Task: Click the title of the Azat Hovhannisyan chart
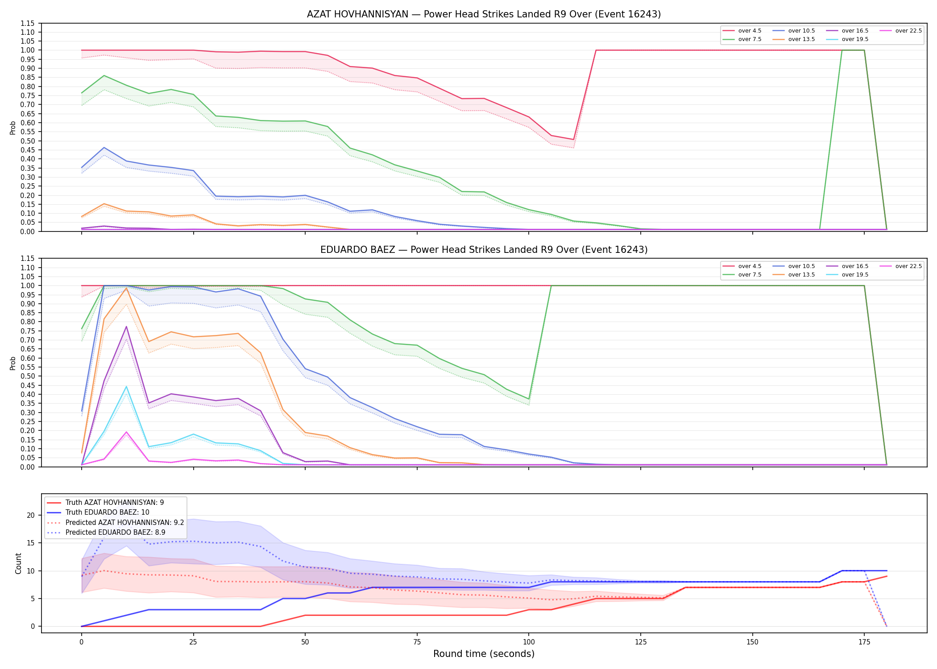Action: click(484, 14)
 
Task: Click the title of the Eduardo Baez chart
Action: click(484, 250)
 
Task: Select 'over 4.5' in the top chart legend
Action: click(750, 31)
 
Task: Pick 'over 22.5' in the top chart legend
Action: click(908, 31)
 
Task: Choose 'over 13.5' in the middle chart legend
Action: click(801, 275)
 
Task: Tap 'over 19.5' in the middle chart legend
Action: click(855, 275)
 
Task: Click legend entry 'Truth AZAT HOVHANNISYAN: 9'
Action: click(115, 503)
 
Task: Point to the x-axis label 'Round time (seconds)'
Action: click(484, 654)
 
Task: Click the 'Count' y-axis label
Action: click(18, 563)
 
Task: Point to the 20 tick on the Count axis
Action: click(31, 515)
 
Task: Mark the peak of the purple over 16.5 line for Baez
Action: click(126, 326)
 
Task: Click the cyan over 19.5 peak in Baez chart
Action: click(126, 387)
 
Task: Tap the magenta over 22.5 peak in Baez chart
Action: click(126, 432)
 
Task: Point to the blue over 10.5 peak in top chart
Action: click(104, 148)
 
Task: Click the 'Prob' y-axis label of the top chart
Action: click(13, 128)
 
